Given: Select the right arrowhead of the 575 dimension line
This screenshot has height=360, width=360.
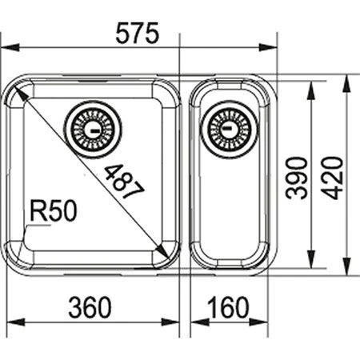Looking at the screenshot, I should click(x=271, y=46).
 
